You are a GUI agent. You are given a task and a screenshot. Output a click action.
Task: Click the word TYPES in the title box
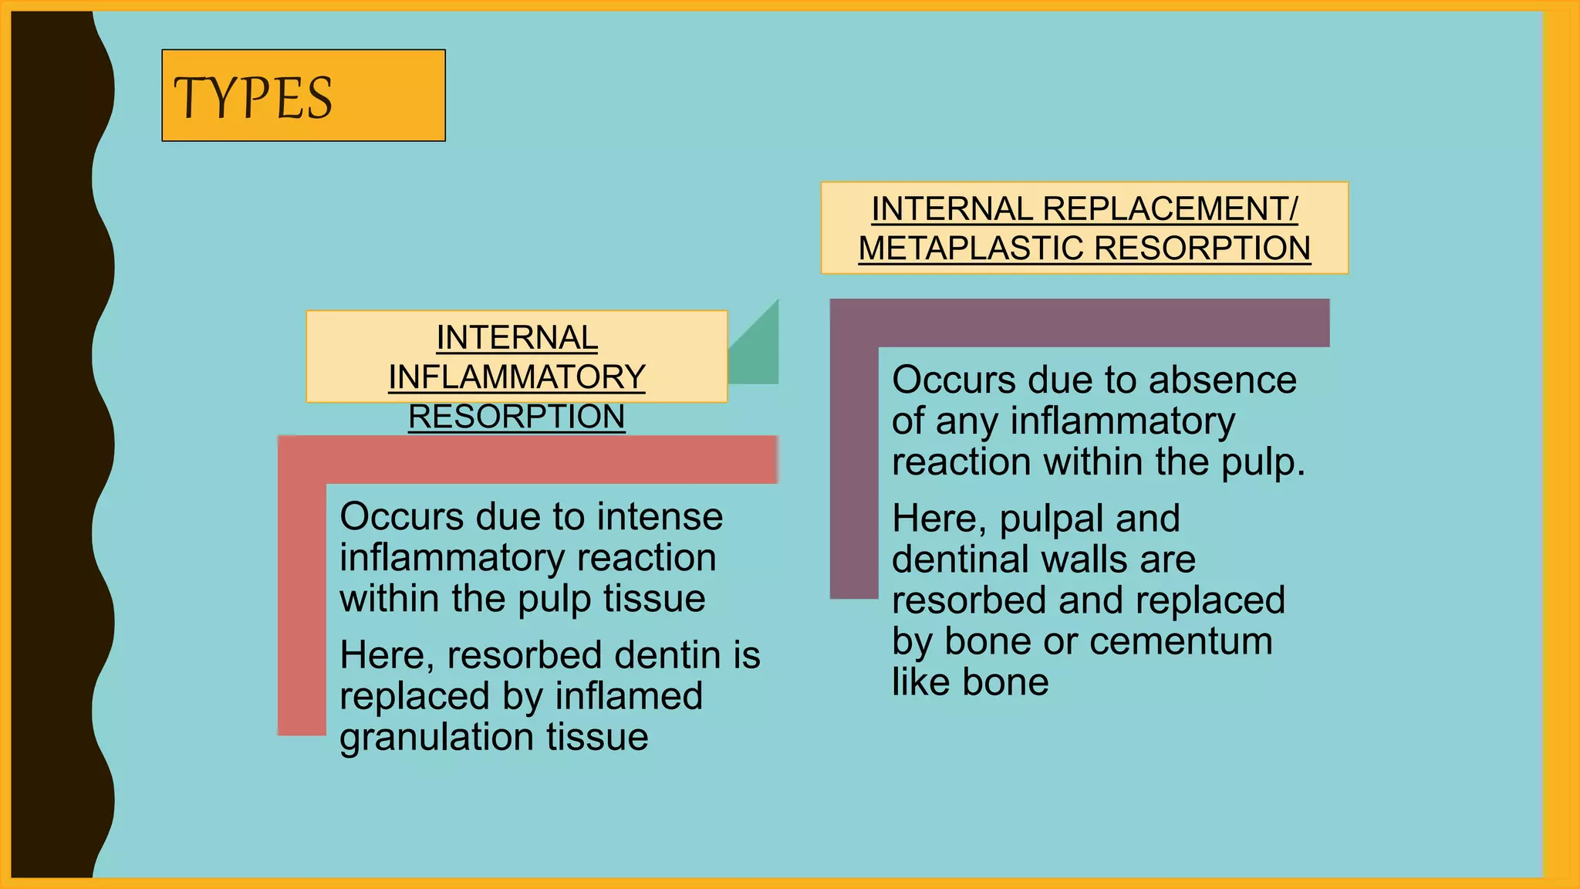point(252,98)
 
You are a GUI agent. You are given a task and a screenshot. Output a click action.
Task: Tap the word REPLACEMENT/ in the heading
point(1170,209)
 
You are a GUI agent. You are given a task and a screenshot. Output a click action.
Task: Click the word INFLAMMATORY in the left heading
point(516,377)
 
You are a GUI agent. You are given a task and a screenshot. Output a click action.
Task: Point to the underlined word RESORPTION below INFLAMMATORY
point(516,417)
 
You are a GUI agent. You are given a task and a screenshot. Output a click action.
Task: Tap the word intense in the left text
point(660,516)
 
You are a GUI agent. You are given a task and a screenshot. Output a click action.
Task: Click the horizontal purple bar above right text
point(1080,323)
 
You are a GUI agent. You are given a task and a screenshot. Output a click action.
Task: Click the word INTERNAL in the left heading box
point(516,337)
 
